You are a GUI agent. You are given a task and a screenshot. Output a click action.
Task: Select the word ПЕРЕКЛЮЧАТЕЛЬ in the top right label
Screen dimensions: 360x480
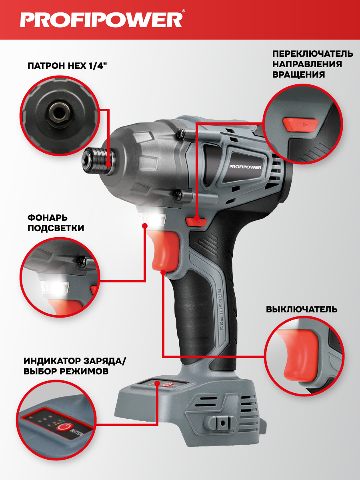(x=312, y=54)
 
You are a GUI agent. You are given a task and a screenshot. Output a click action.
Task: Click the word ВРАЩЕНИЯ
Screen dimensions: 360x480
(x=298, y=74)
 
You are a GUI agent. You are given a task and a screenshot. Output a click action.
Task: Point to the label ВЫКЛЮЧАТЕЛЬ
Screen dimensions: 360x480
(x=302, y=309)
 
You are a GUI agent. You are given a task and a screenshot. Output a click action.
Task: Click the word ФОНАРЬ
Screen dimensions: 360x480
(x=48, y=218)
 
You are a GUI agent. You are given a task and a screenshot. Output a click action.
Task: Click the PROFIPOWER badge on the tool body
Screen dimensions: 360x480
(x=245, y=167)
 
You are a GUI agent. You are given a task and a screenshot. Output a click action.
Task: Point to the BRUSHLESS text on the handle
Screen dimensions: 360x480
(x=220, y=310)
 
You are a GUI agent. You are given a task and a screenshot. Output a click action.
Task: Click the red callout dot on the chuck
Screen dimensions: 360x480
(x=108, y=164)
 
